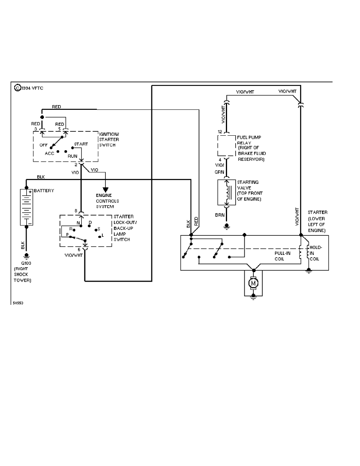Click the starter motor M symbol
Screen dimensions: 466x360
pyautogui.click(x=253, y=283)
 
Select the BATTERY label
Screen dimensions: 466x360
pyautogui.click(x=44, y=191)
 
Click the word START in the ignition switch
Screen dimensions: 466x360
pyautogui.click(x=81, y=144)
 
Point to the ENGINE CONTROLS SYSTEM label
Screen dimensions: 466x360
pyautogui.click(x=107, y=201)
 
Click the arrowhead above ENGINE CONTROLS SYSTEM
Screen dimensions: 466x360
pyautogui.click(x=105, y=189)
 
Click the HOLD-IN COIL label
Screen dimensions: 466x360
pyautogui.click(x=316, y=253)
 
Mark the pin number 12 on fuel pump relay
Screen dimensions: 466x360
pyautogui.click(x=220, y=131)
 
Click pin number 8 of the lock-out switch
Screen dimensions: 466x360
pyautogui.click(x=76, y=211)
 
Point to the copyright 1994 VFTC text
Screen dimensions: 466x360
pyautogui.click(x=29, y=88)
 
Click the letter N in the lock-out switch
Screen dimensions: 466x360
pyautogui.click(x=78, y=222)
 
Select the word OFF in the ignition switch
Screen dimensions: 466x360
pyautogui.click(x=43, y=145)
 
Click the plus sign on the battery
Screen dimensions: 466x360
pyautogui.click(x=30, y=192)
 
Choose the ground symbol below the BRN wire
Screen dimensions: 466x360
pyautogui.click(x=226, y=226)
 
